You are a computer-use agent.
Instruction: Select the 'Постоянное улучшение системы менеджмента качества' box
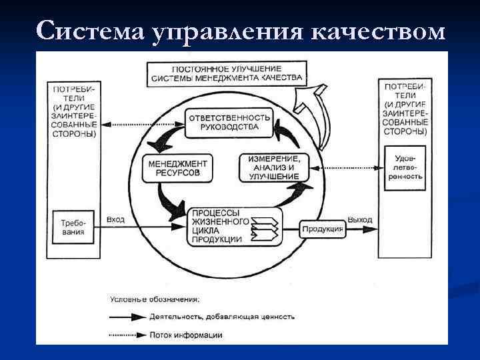tap(227, 73)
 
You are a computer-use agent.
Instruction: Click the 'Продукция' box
tap(322, 229)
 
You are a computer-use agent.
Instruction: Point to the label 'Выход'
tap(360, 219)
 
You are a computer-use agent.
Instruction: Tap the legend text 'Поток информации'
tap(187, 335)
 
